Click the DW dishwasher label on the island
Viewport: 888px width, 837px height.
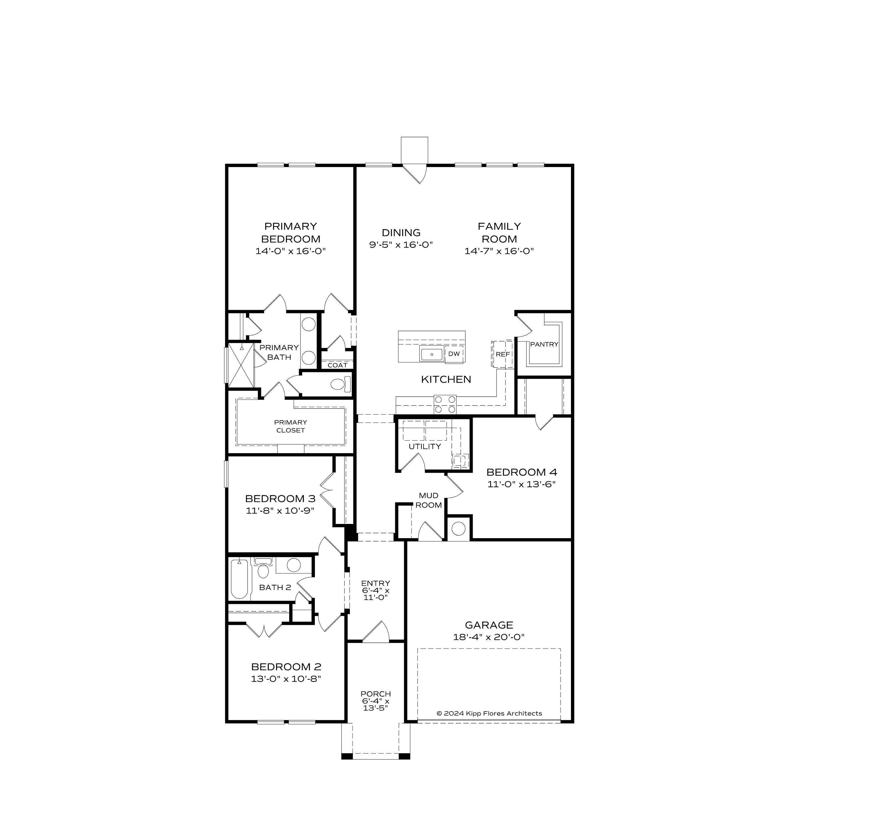point(454,354)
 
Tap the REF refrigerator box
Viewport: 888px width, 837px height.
point(503,354)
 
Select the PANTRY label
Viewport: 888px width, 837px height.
point(544,344)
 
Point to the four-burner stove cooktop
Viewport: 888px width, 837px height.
point(445,404)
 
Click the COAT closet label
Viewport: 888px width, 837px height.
point(337,365)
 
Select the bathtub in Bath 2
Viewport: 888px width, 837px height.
point(239,579)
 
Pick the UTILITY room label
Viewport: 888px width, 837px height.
point(425,446)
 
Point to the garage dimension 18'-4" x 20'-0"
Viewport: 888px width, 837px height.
point(489,637)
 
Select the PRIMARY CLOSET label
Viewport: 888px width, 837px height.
point(290,426)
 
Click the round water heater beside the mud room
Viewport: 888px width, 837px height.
point(458,529)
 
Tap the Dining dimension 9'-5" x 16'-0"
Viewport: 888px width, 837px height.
point(401,245)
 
